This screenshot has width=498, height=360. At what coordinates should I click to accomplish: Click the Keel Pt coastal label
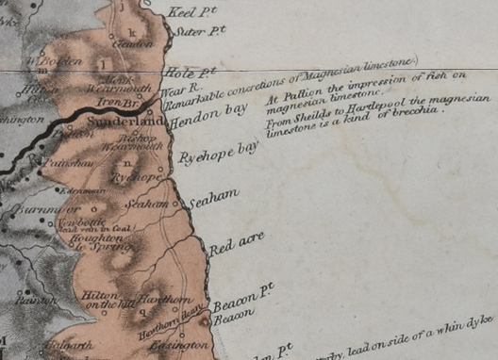coord(187,13)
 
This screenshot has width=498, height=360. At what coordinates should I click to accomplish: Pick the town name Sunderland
coord(112,123)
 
